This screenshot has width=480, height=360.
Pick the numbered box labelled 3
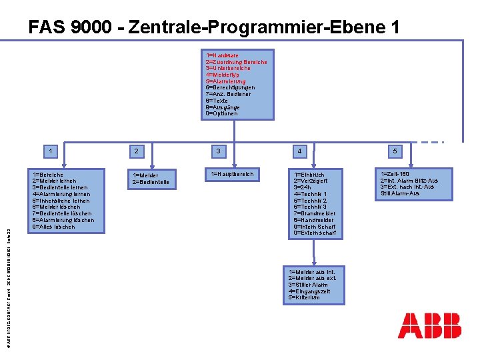[217, 151]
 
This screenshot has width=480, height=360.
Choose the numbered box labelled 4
[299, 151]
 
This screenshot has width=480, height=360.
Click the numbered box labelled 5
[395, 151]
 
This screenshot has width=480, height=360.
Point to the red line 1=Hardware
[223, 55]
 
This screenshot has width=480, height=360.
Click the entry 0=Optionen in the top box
[223, 113]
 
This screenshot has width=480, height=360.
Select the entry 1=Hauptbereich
[232, 175]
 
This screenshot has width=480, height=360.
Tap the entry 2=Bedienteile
[151, 182]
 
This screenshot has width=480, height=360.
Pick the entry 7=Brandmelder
[315, 213]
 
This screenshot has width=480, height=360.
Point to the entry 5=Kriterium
[304, 298]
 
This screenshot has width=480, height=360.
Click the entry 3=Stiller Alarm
[309, 285]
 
